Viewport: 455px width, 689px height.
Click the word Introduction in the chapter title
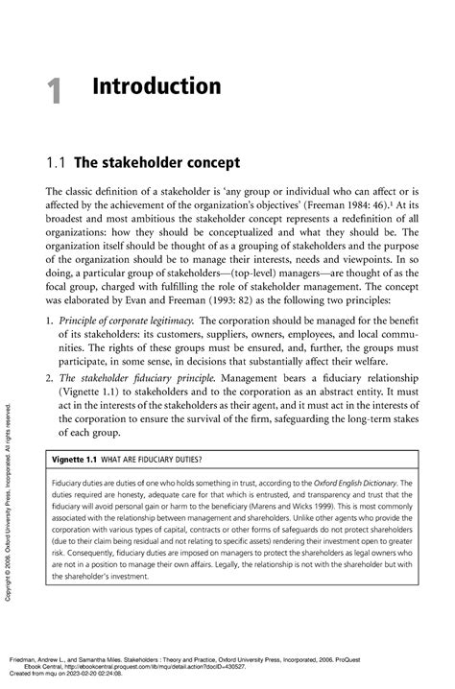click(x=157, y=87)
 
